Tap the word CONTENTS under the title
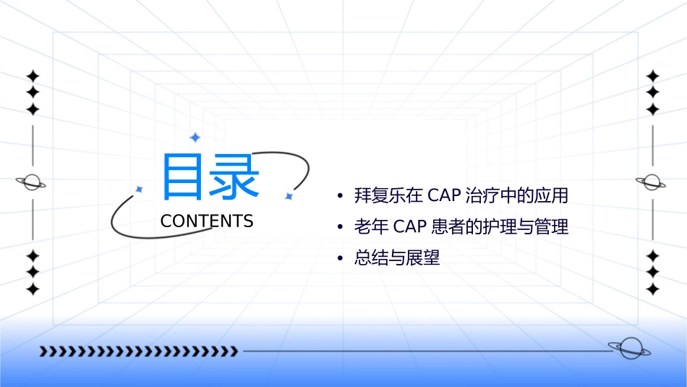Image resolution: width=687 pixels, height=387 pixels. [x=207, y=221]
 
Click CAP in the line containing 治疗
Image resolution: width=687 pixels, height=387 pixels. [x=443, y=195]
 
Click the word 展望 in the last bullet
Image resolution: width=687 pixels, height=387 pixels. [x=426, y=258]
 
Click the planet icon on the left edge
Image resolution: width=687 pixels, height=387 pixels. [x=32, y=182]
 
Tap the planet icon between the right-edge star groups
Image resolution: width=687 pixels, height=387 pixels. [x=652, y=182]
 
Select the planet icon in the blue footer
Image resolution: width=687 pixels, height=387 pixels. [x=629, y=349]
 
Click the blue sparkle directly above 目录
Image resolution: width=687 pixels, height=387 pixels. [x=195, y=137]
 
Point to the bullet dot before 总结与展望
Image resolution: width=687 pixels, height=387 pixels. [x=340, y=259]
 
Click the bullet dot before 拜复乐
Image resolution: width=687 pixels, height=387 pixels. [x=340, y=196]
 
